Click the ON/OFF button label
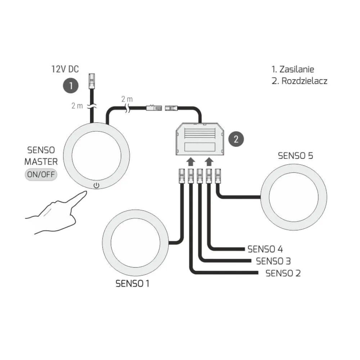pyautogui.click(x=41, y=175)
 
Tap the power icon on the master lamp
pyautogui.click(x=96, y=185)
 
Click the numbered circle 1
pyautogui.click(x=71, y=86)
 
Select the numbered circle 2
pyautogui.click(x=236, y=139)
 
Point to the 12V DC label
pyautogui.click(x=65, y=69)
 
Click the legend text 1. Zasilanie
pyautogui.click(x=293, y=69)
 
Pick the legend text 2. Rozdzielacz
pyautogui.click(x=300, y=81)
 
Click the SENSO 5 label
pyautogui.click(x=296, y=156)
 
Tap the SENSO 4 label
pyautogui.click(x=265, y=249)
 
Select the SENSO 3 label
pyautogui.click(x=274, y=261)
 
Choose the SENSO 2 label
pyautogui.click(x=283, y=273)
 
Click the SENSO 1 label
pyautogui.click(x=132, y=284)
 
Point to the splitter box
pyautogui.click(x=200, y=139)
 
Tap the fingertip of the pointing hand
pyautogui.click(x=85, y=192)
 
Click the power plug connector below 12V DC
pyautogui.click(x=92, y=81)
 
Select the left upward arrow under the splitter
pyautogui.click(x=190, y=161)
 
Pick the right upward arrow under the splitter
pyautogui.click(x=209, y=161)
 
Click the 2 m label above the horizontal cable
pyautogui.click(x=127, y=99)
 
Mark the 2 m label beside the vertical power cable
pyautogui.click(x=77, y=106)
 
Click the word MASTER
pyautogui.click(x=41, y=162)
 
